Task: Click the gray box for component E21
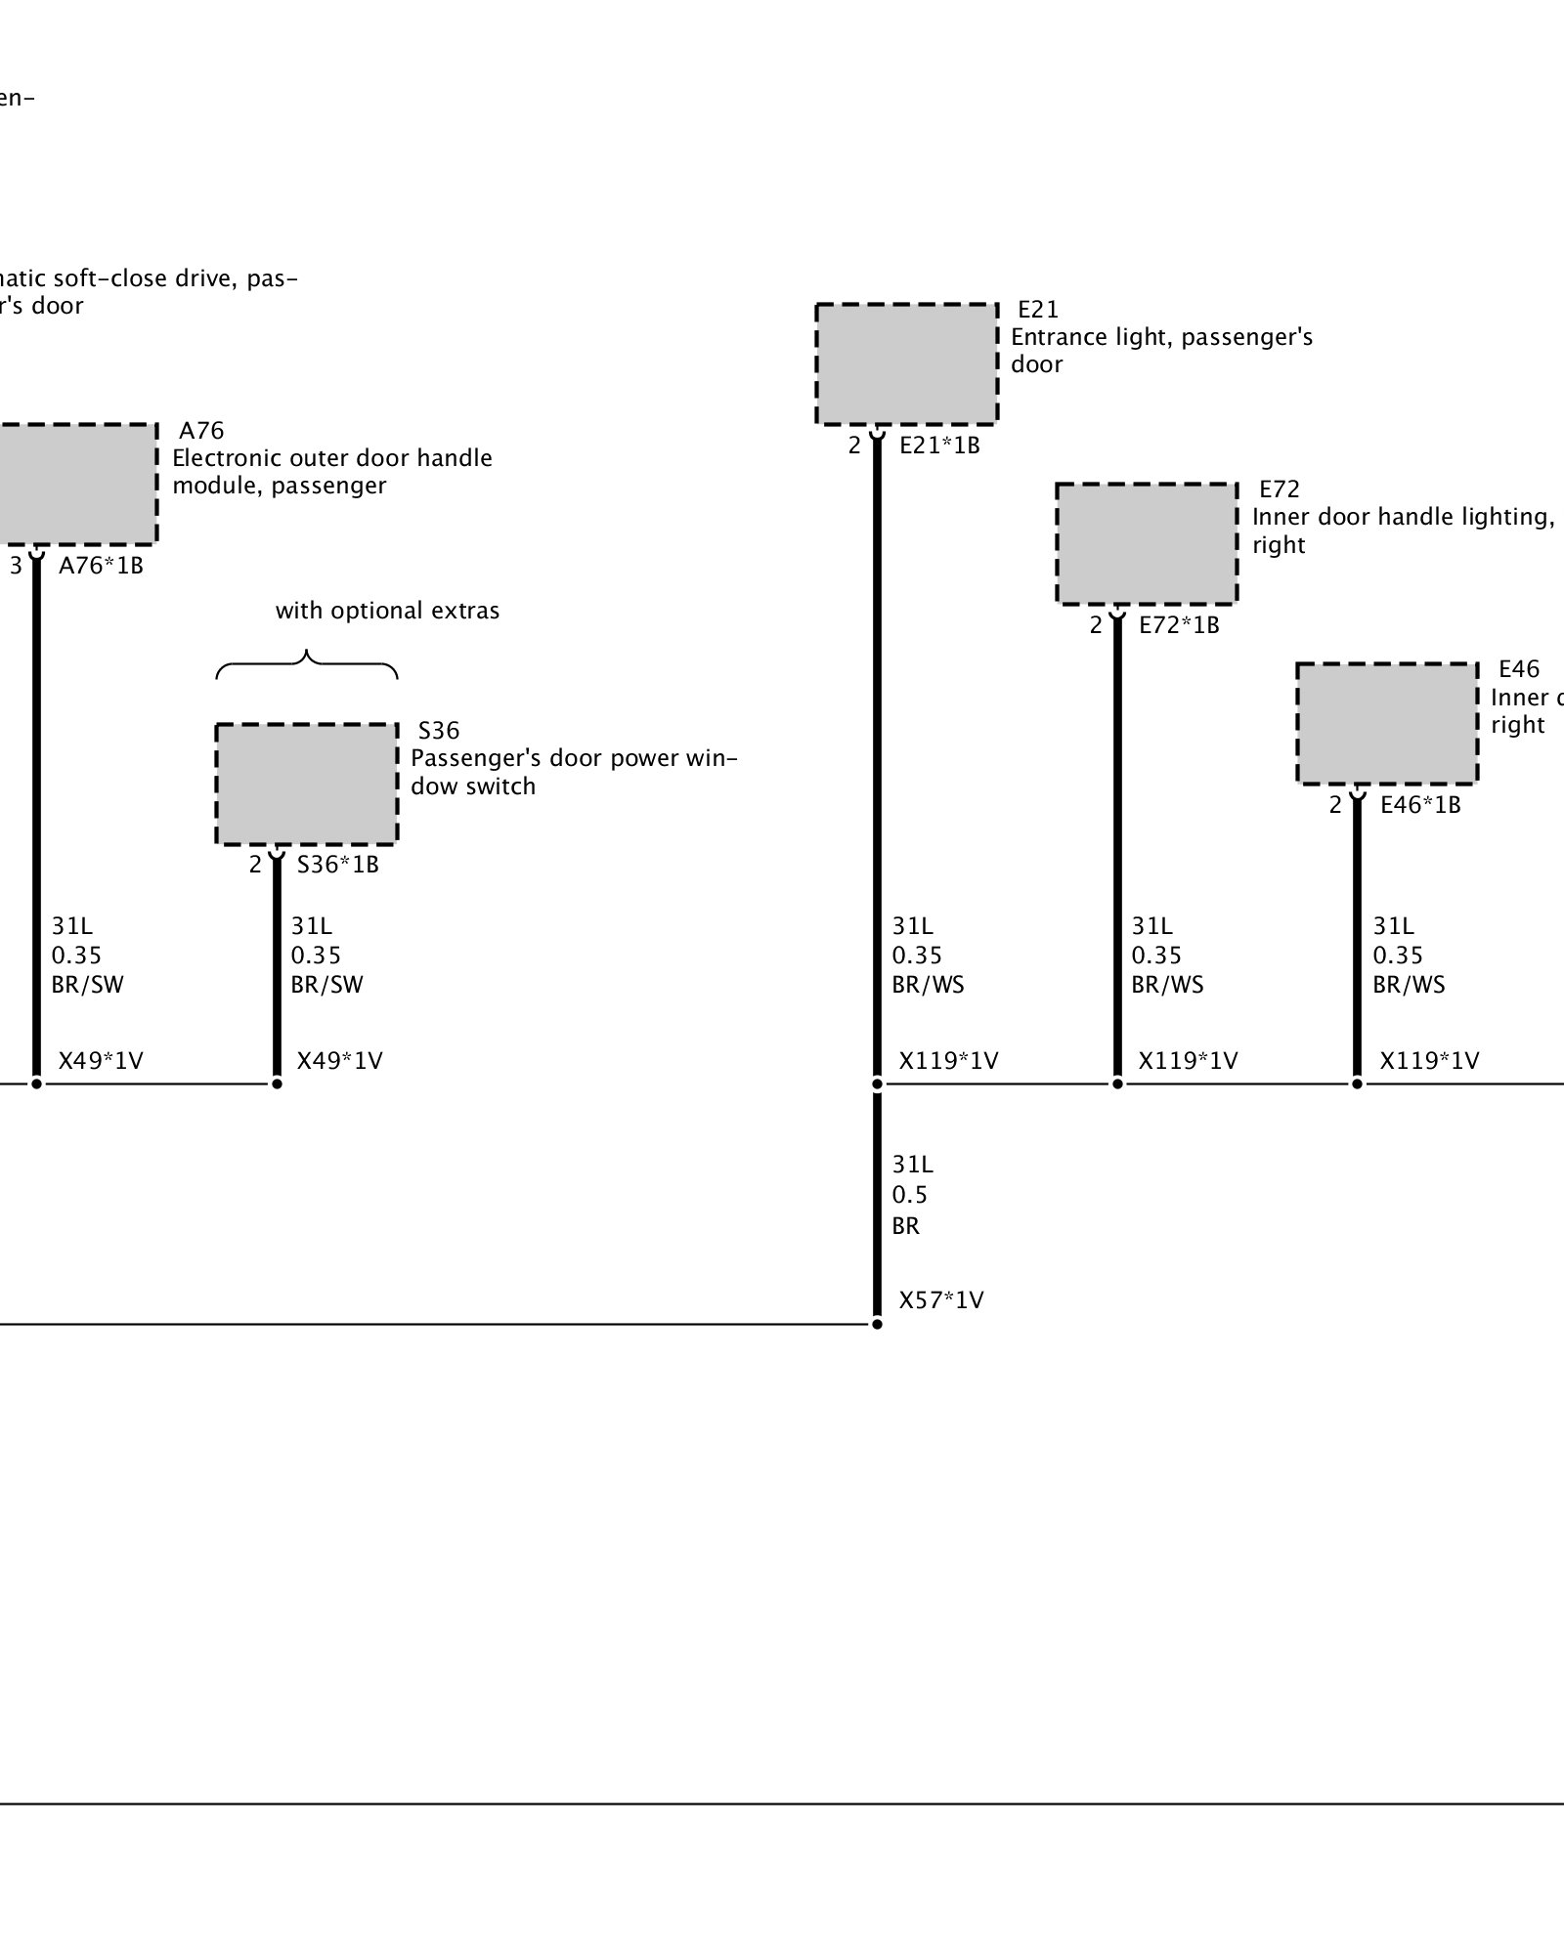(x=906, y=364)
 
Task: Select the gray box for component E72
(x=1147, y=544)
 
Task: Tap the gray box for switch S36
(x=307, y=785)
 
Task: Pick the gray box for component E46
(x=1387, y=724)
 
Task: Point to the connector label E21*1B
(x=939, y=446)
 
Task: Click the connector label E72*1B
(x=1179, y=625)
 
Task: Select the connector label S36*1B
(x=337, y=865)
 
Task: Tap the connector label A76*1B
(x=101, y=566)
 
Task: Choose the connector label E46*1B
(x=1420, y=805)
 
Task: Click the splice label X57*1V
(x=941, y=1300)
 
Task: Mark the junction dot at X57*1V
(x=877, y=1324)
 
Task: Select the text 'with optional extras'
(x=387, y=611)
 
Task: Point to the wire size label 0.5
(x=909, y=1195)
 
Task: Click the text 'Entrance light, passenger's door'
(x=1161, y=350)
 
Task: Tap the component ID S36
(x=439, y=731)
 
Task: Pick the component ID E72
(x=1279, y=489)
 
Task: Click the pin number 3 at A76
(x=16, y=566)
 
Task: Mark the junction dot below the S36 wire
(x=277, y=1083)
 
